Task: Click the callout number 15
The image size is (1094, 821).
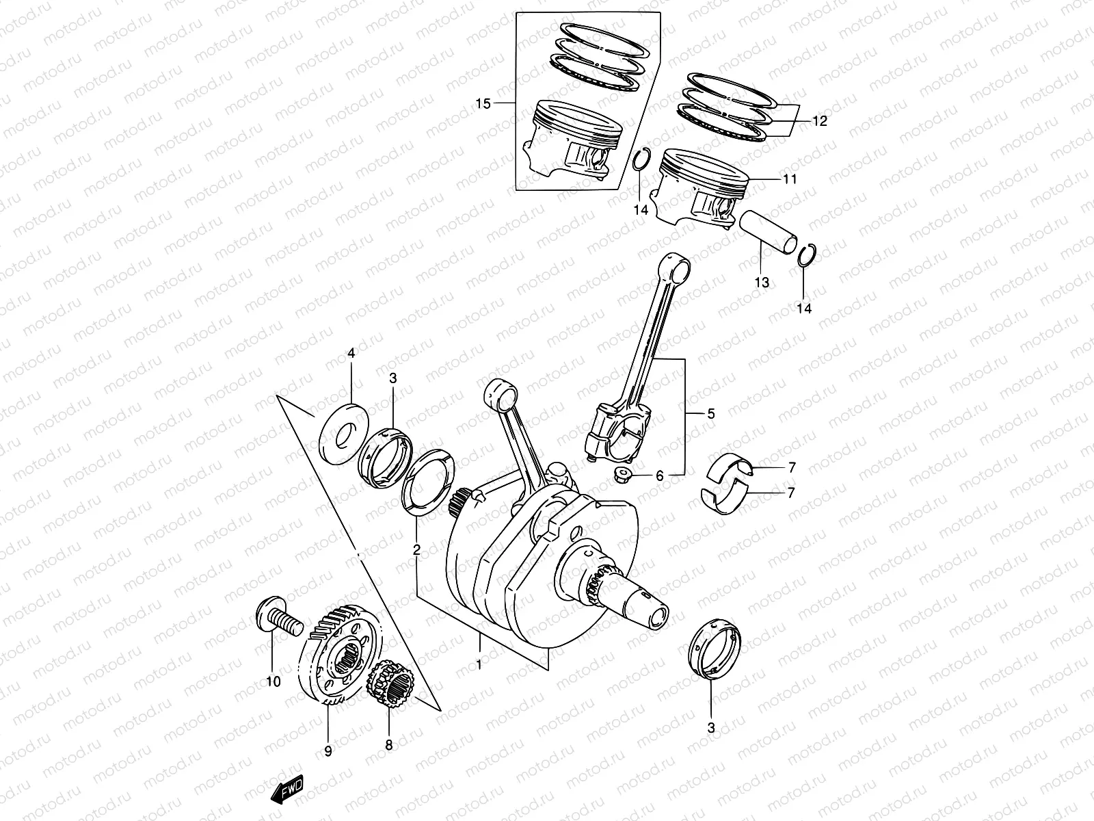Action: (x=483, y=104)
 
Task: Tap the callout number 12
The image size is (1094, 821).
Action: (x=820, y=121)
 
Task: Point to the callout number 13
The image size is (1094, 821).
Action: (x=762, y=282)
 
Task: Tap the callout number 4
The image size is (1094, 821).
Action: (x=351, y=354)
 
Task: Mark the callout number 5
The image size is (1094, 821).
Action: (x=710, y=413)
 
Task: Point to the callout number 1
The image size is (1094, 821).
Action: (x=479, y=664)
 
